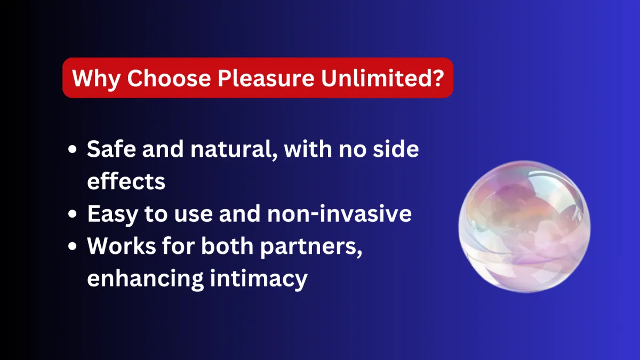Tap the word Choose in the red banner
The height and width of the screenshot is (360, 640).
coord(169,78)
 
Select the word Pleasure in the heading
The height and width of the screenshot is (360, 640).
coord(266,78)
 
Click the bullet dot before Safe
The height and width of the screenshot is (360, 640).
coord(73,149)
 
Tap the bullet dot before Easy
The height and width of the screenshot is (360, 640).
coord(73,214)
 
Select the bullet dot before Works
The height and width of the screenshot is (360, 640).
coord(73,246)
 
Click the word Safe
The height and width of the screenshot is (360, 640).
coord(111,149)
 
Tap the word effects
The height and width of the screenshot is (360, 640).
coord(126,181)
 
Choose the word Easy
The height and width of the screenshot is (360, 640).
coord(113,214)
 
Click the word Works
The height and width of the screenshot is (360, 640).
coord(122,246)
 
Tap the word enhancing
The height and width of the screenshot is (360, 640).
coord(145,279)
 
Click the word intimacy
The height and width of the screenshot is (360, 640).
coord(259,279)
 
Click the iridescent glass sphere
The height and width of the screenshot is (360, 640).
coord(524,227)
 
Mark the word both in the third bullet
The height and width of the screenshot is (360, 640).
coord(227,245)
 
